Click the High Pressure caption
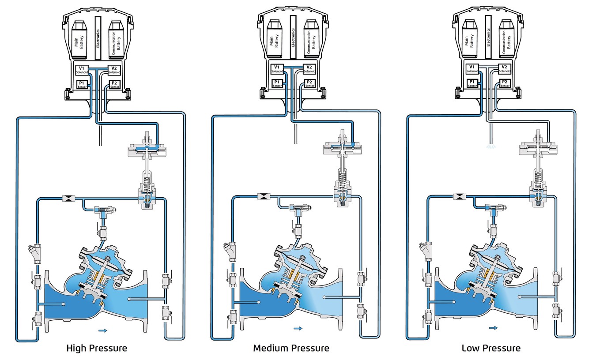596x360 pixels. tap(97, 348)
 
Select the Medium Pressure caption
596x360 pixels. tap(291, 348)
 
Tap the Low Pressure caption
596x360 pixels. tap(491, 348)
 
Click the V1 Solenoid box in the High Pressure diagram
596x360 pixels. tap(83, 70)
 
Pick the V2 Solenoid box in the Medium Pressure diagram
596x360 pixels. tap(309, 70)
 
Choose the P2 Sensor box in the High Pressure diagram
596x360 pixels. tap(114, 84)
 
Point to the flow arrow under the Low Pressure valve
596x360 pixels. tap(493, 328)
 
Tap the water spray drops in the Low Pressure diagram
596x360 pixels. tap(490, 145)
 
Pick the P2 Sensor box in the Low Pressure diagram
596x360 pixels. tap(505, 83)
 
